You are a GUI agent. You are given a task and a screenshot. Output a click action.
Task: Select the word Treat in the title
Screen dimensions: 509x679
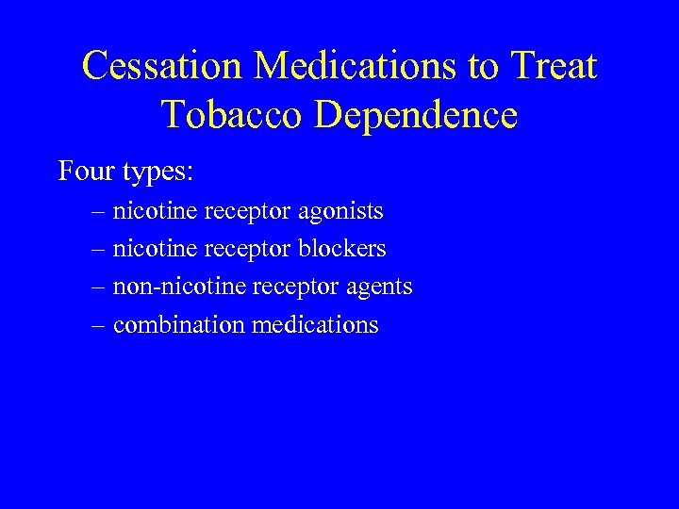point(553,66)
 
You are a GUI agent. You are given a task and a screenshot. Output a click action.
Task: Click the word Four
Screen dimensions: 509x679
point(86,172)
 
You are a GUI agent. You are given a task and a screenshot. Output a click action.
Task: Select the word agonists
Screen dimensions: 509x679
point(340,212)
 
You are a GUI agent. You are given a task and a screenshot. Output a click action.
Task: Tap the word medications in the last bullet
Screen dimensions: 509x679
point(314,325)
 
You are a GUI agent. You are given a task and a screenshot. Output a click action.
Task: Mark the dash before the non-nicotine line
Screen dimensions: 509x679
point(99,287)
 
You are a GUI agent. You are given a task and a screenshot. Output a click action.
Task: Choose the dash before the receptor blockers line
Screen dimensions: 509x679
point(99,250)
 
